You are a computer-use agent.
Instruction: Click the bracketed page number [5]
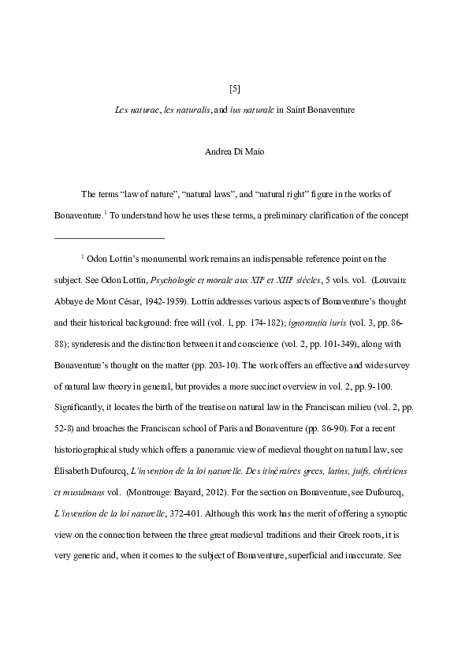click(234, 88)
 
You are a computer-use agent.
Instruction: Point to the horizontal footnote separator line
click(109, 237)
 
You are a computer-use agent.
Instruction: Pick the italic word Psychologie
click(172, 279)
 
